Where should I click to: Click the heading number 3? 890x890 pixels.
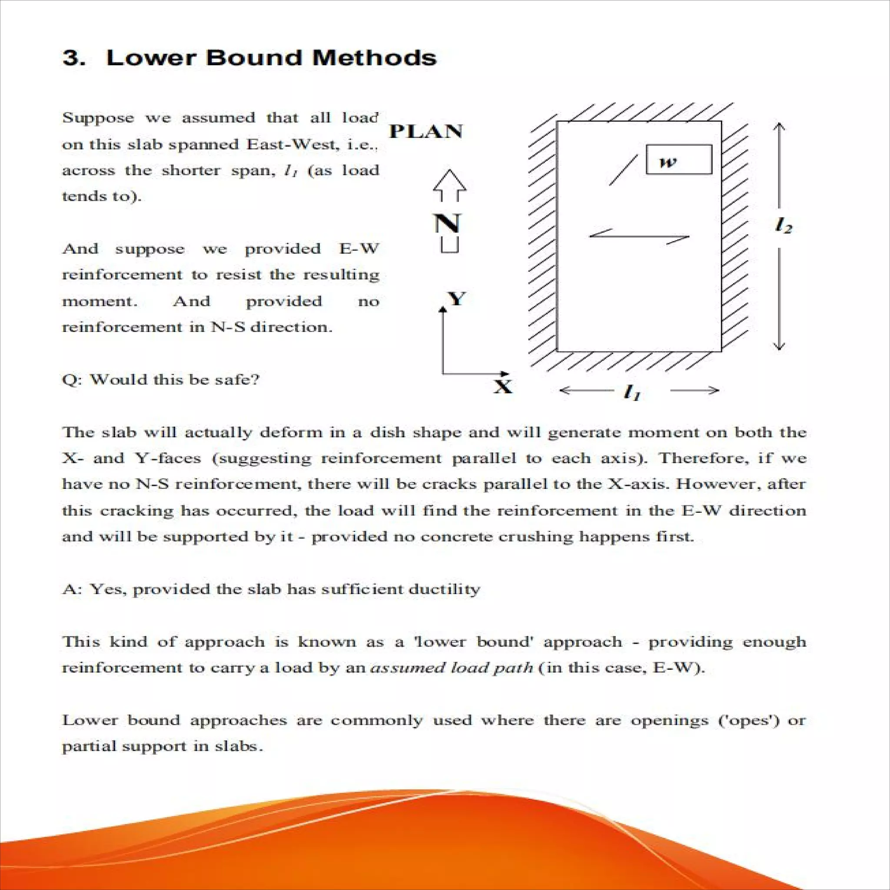[x=73, y=59]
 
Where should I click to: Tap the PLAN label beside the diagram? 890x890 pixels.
[x=425, y=132]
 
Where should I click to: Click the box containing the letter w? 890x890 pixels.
[x=678, y=160]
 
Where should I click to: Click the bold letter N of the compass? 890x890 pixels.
[x=447, y=224]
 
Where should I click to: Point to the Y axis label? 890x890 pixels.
[x=457, y=299]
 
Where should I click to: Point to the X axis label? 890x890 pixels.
[x=503, y=386]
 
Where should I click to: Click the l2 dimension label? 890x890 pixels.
[x=784, y=226]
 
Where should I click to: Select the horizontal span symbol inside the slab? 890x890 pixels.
[x=639, y=237]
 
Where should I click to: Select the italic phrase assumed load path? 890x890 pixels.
[x=452, y=667]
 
